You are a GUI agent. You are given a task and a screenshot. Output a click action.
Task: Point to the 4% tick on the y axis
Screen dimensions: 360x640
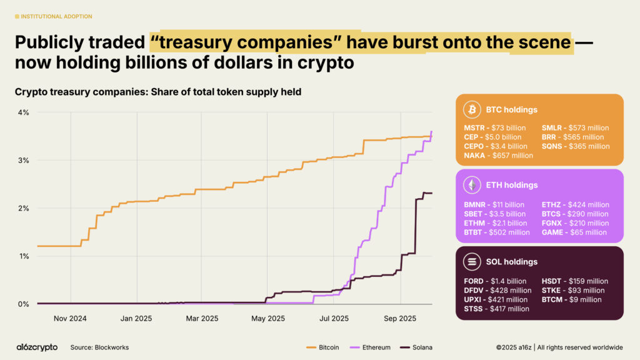tap(24, 112)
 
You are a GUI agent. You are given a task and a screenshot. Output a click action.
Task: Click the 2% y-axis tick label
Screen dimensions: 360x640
tap(24, 208)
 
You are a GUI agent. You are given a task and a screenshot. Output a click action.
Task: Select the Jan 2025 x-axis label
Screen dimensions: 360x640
tap(135, 318)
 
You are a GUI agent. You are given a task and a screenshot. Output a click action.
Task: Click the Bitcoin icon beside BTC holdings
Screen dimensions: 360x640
tap(472, 109)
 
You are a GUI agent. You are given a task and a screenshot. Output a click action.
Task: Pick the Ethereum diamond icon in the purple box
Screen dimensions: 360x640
tap(472, 185)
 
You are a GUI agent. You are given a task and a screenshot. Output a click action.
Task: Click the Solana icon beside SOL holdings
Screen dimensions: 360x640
tap(472, 261)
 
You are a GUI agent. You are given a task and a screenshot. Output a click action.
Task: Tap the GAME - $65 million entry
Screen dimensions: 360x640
tap(574, 232)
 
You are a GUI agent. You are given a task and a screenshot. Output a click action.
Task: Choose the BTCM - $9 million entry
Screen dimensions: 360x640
tap(571, 299)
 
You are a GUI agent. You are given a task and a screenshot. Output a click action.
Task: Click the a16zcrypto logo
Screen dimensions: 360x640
tap(37, 347)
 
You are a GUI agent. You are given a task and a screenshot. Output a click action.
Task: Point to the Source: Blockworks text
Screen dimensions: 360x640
tap(99, 347)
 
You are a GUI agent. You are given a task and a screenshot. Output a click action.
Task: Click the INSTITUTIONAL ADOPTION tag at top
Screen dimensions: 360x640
tap(52, 16)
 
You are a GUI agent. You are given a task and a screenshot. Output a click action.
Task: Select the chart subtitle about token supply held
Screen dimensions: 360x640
tap(158, 92)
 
